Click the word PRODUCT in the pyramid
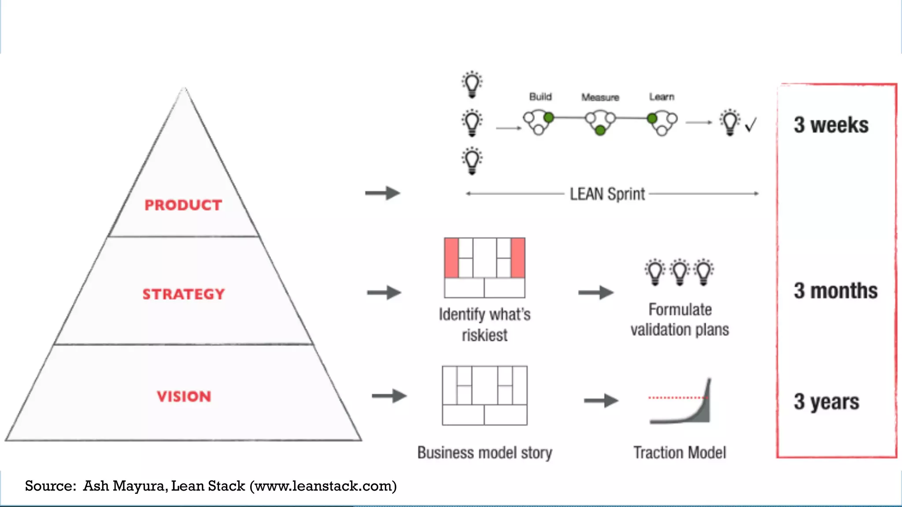pyautogui.click(x=183, y=205)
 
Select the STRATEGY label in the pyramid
pyautogui.click(x=184, y=294)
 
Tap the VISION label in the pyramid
pyautogui.click(x=184, y=397)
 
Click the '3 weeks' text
pyautogui.click(x=831, y=125)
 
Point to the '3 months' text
pyautogui.click(x=835, y=291)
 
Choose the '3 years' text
pyautogui.click(x=827, y=402)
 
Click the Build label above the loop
pyautogui.click(x=540, y=97)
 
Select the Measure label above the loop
pyautogui.click(x=600, y=97)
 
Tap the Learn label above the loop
pyautogui.click(x=662, y=97)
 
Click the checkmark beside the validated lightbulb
pyautogui.click(x=751, y=125)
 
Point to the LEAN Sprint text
pyautogui.click(x=607, y=194)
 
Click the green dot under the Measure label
pyautogui.click(x=600, y=130)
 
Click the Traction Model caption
pyautogui.click(x=680, y=452)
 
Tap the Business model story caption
pyautogui.click(x=484, y=453)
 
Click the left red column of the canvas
pyautogui.click(x=451, y=258)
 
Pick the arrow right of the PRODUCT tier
pyautogui.click(x=382, y=193)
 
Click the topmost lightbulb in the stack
pyautogui.click(x=472, y=84)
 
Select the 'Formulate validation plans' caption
pyautogui.click(x=680, y=320)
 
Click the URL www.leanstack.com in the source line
pyautogui.click(x=323, y=486)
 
